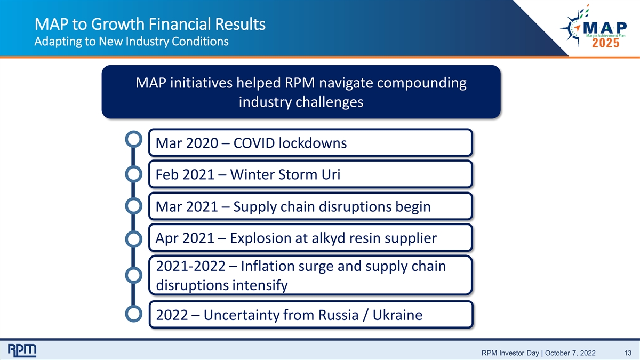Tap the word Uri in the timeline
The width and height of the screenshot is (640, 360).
pyautogui.click(x=331, y=174)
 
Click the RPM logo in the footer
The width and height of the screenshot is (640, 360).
pyautogui.click(x=22, y=350)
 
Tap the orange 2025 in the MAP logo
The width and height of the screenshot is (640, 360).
pyautogui.click(x=605, y=43)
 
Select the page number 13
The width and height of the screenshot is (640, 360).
pyautogui.click(x=628, y=353)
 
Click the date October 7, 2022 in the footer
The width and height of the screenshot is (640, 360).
pyautogui.click(x=570, y=353)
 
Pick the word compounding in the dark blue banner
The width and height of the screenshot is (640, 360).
pyautogui.click(x=422, y=83)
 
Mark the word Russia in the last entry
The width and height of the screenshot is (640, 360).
pyautogui.click(x=338, y=315)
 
